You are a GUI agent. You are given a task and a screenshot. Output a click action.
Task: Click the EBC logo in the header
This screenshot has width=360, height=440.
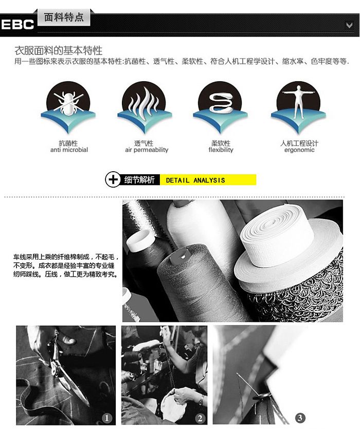(x=17, y=24)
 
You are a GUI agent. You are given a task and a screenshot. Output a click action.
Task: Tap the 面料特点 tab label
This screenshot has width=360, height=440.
(x=64, y=17)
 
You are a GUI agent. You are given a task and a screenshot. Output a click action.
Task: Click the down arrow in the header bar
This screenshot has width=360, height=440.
(x=349, y=26)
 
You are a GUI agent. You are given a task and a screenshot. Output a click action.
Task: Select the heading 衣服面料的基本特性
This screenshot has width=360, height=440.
(x=59, y=51)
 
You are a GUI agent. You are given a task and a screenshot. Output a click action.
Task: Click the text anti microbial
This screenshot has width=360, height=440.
(x=69, y=150)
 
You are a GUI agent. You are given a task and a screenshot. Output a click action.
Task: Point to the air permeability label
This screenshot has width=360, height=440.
(x=147, y=150)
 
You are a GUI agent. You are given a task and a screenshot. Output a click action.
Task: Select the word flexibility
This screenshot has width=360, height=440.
(x=221, y=150)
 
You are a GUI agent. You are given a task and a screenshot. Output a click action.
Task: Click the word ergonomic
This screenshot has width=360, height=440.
(x=299, y=150)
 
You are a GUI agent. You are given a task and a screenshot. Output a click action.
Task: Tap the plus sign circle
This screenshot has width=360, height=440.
(x=113, y=179)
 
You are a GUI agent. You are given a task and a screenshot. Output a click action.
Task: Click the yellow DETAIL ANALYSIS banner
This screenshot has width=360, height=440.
(x=208, y=180)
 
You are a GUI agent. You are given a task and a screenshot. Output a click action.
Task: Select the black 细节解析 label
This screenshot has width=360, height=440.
(x=139, y=180)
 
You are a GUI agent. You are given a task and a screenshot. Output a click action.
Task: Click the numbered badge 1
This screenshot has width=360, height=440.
(x=106, y=418)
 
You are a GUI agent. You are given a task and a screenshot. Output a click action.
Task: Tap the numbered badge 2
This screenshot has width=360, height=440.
(x=200, y=418)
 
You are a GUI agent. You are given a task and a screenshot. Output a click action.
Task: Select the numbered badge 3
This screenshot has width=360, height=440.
(x=300, y=418)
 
